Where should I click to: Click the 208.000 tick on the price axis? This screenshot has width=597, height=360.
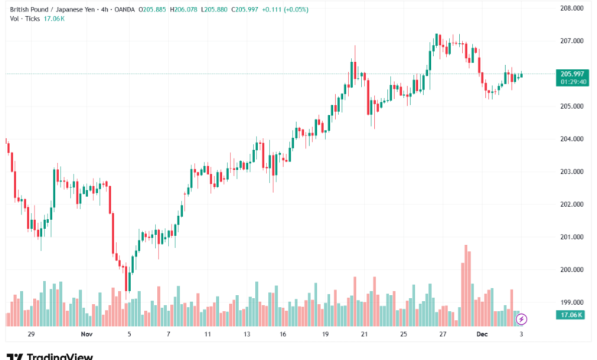click(x=573, y=8)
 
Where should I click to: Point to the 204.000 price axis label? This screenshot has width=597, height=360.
click(x=573, y=139)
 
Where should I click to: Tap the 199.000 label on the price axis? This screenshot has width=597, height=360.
click(x=573, y=302)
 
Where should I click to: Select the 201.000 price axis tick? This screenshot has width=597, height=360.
click(x=573, y=237)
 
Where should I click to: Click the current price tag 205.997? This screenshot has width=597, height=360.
click(x=573, y=74)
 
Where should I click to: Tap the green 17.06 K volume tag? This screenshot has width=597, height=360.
click(x=573, y=315)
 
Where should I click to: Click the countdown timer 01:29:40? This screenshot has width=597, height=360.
click(x=573, y=81)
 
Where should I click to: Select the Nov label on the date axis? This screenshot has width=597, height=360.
click(x=86, y=335)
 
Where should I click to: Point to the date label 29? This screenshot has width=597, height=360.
click(x=31, y=335)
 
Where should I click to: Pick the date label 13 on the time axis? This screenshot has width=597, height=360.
click(x=246, y=335)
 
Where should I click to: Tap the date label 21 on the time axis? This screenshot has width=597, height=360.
click(x=364, y=335)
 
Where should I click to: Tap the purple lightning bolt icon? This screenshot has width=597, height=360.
click(x=522, y=318)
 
